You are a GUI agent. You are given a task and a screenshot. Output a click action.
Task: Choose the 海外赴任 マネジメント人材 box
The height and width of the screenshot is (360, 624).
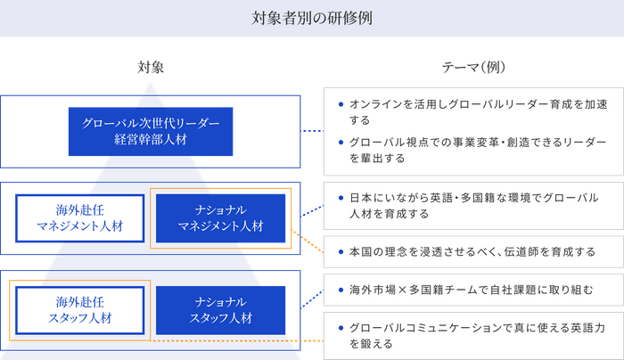point(79,218)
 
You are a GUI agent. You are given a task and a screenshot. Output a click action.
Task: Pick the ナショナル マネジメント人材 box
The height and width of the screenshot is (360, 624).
point(220,218)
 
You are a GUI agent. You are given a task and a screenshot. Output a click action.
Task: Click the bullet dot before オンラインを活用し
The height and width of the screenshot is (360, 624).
point(340,103)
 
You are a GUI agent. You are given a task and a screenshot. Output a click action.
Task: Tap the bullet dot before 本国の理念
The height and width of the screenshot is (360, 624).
point(340,252)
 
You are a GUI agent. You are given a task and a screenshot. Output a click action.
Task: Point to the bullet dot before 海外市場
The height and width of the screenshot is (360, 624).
point(340,290)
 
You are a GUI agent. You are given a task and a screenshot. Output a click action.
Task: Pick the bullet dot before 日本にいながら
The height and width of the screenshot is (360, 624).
point(340,197)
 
